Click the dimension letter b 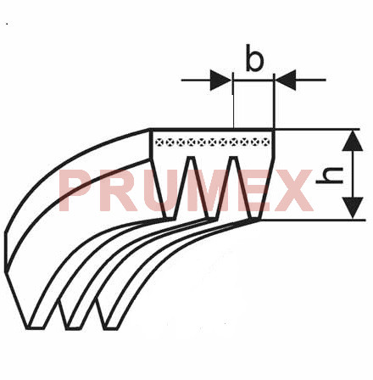254,58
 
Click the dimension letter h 330,176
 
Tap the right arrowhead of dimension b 286,80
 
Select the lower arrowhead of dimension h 353,208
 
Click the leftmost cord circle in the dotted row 160,142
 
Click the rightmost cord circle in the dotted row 265,142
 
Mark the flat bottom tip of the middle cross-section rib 213,218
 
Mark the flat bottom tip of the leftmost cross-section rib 170,218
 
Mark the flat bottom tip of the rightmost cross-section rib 256,219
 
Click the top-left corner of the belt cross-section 150,130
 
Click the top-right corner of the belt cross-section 274,130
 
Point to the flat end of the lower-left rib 36,328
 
